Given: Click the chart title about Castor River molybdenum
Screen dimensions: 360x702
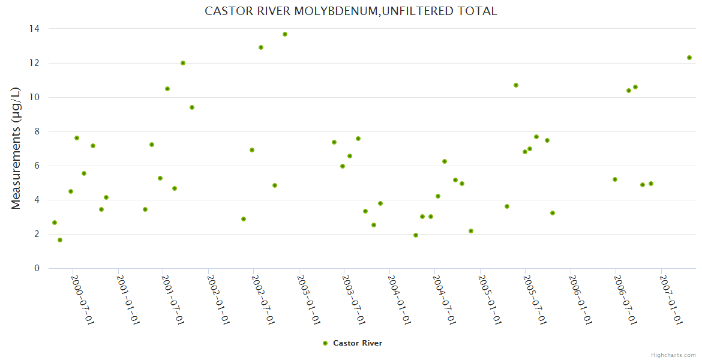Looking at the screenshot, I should (351, 11).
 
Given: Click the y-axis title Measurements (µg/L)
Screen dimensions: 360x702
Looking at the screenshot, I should (16, 148).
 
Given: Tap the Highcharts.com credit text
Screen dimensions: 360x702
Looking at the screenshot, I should (673, 355).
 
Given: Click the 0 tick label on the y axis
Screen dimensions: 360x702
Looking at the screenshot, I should (37, 268).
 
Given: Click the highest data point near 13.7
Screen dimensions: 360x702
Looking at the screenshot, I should (285, 34).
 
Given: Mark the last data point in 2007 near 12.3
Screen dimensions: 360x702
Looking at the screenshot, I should (689, 58).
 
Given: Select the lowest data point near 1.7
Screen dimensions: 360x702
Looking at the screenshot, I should (60, 240).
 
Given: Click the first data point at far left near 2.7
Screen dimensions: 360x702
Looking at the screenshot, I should (55, 223).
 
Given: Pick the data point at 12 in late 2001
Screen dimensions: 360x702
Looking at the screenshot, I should (183, 63).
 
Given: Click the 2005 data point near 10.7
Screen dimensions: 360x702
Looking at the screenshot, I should (516, 85).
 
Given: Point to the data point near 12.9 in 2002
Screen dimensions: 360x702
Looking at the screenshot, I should (261, 47).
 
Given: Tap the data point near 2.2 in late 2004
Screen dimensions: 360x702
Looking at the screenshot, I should (471, 231).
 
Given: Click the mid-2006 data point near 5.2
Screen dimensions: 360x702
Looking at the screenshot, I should (615, 179).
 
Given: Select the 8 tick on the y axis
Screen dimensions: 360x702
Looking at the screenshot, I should (37, 131).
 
